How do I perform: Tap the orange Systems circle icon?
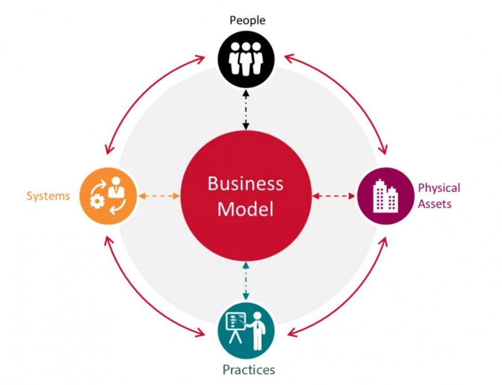pyautogui.click(x=107, y=196)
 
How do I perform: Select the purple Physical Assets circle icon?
pyautogui.click(x=385, y=196)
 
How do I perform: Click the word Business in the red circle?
pyautogui.click(x=245, y=184)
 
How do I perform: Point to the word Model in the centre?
pyautogui.click(x=245, y=209)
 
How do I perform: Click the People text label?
pyautogui.click(x=247, y=20)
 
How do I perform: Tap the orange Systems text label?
pyautogui.click(x=48, y=196)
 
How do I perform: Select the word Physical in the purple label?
pyautogui.click(x=439, y=188)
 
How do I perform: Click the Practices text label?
pyautogui.click(x=248, y=370)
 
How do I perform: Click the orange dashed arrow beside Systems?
pyautogui.click(x=158, y=196)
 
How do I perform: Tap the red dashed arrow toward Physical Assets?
pyautogui.click(x=334, y=196)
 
